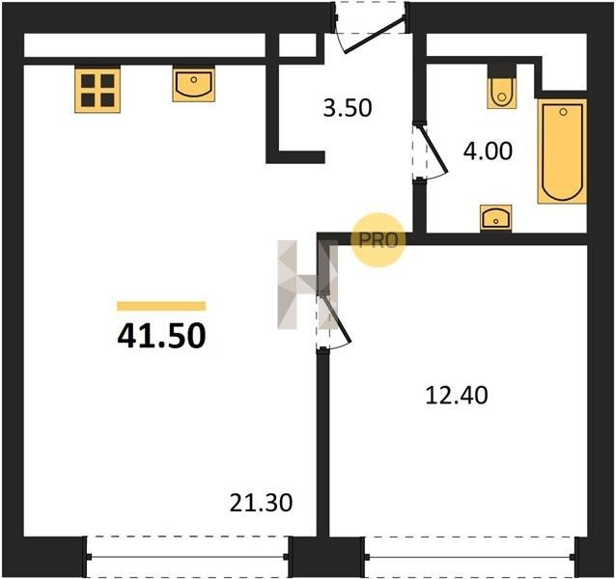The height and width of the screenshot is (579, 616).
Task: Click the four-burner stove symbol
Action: point(98,91)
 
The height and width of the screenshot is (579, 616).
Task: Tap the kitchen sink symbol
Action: point(194,84)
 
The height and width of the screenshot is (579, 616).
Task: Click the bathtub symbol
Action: point(562,152)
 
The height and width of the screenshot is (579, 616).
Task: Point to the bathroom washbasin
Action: point(496,217)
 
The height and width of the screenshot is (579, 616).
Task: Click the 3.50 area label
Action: point(348,108)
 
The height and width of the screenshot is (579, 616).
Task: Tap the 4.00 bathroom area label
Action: point(488,152)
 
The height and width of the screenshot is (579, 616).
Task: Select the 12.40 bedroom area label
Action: point(457,396)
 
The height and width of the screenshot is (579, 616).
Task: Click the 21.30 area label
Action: point(262,503)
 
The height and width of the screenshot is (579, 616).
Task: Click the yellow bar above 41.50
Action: point(161,306)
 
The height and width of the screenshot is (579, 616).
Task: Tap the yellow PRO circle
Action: point(378,240)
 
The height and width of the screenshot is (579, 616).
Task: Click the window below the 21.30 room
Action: point(187,557)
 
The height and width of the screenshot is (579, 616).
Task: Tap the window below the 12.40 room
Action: point(470,557)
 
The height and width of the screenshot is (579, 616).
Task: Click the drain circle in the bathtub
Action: point(563,112)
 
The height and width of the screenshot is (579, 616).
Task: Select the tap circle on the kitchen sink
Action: point(193,80)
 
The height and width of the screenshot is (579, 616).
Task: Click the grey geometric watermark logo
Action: point(307,285)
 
